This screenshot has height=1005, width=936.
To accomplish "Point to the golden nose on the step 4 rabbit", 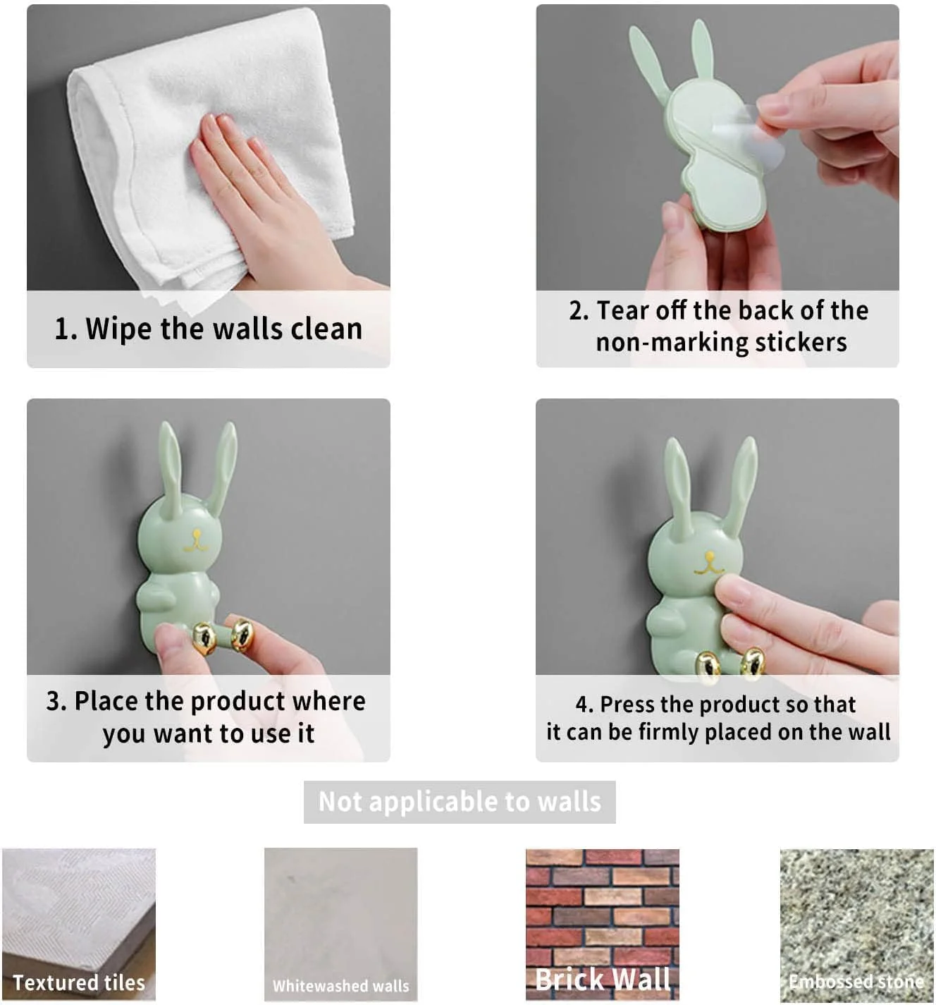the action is point(708,564).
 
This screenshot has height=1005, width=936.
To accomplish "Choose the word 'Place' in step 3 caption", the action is point(106,702).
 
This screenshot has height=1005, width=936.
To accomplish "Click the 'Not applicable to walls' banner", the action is point(460,802).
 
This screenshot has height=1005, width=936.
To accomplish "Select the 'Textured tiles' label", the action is point(79,982).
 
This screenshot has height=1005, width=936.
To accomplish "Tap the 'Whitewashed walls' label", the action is point(340,986).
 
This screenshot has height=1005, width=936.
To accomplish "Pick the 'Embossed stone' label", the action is point(856,982).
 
